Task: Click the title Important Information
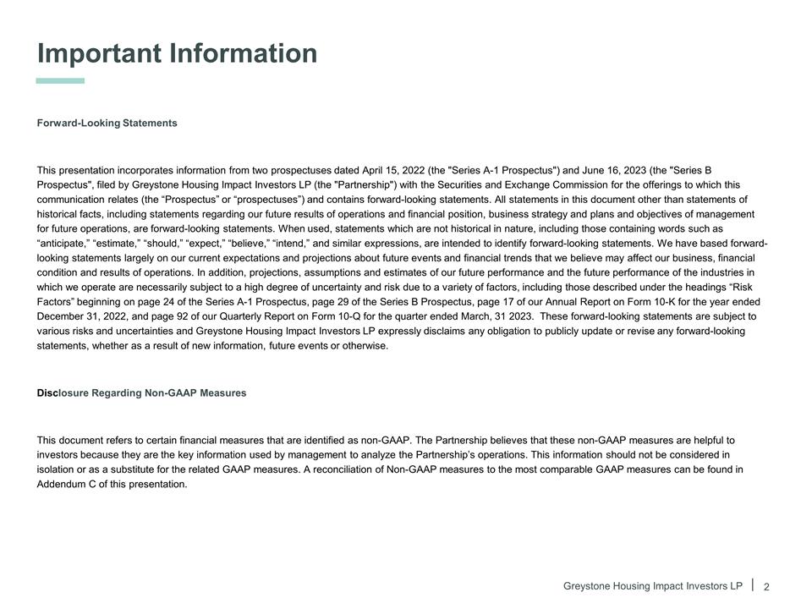(x=177, y=54)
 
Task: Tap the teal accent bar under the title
(x=60, y=81)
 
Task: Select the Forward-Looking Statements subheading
(x=107, y=123)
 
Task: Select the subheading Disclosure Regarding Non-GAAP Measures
(x=141, y=393)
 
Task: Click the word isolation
(x=59, y=469)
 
